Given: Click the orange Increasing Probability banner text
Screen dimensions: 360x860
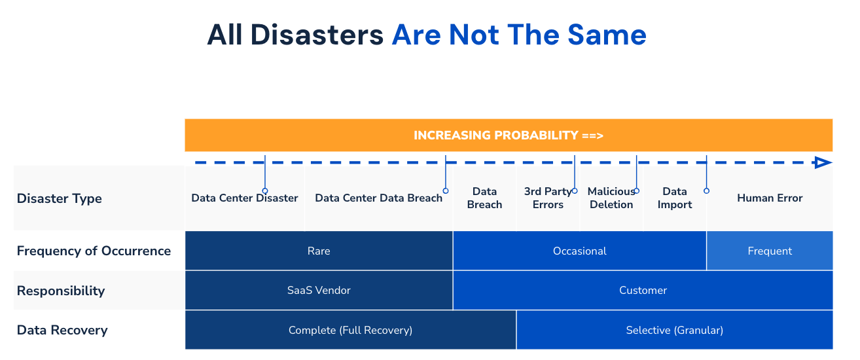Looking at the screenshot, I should (x=508, y=135).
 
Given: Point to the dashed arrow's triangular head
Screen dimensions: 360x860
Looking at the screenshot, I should (x=823, y=163).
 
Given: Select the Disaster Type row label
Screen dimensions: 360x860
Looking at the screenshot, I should (x=60, y=198).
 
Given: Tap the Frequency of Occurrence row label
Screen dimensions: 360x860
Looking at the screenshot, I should (x=94, y=251).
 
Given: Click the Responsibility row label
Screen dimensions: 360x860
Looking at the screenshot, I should (x=61, y=291).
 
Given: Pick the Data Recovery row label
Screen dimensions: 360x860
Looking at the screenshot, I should (x=62, y=330).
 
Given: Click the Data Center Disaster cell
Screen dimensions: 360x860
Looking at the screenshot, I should (x=245, y=198).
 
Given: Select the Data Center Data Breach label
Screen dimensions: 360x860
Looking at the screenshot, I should (x=378, y=198).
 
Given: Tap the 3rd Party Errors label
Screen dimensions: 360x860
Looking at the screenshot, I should (x=548, y=198).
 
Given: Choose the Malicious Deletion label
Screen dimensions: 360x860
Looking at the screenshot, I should (x=611, y=198).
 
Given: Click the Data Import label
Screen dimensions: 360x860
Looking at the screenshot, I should (x=675, y=198).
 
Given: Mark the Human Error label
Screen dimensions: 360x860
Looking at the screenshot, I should (x=770, y=198).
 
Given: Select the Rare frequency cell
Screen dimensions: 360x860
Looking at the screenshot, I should (x=319, y=251).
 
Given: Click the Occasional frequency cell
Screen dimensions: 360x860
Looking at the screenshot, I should (x=579, y=251).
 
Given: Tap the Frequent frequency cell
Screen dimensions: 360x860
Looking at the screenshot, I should (x=770, y=251).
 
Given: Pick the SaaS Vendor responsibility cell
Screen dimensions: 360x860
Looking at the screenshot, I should (x=319, y=291).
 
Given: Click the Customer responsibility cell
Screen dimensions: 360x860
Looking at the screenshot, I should (x=643, y=291).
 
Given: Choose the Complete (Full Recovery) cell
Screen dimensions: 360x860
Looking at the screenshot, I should (x=350, y=330).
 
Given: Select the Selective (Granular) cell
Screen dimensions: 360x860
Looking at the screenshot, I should (x=674, y=330).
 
